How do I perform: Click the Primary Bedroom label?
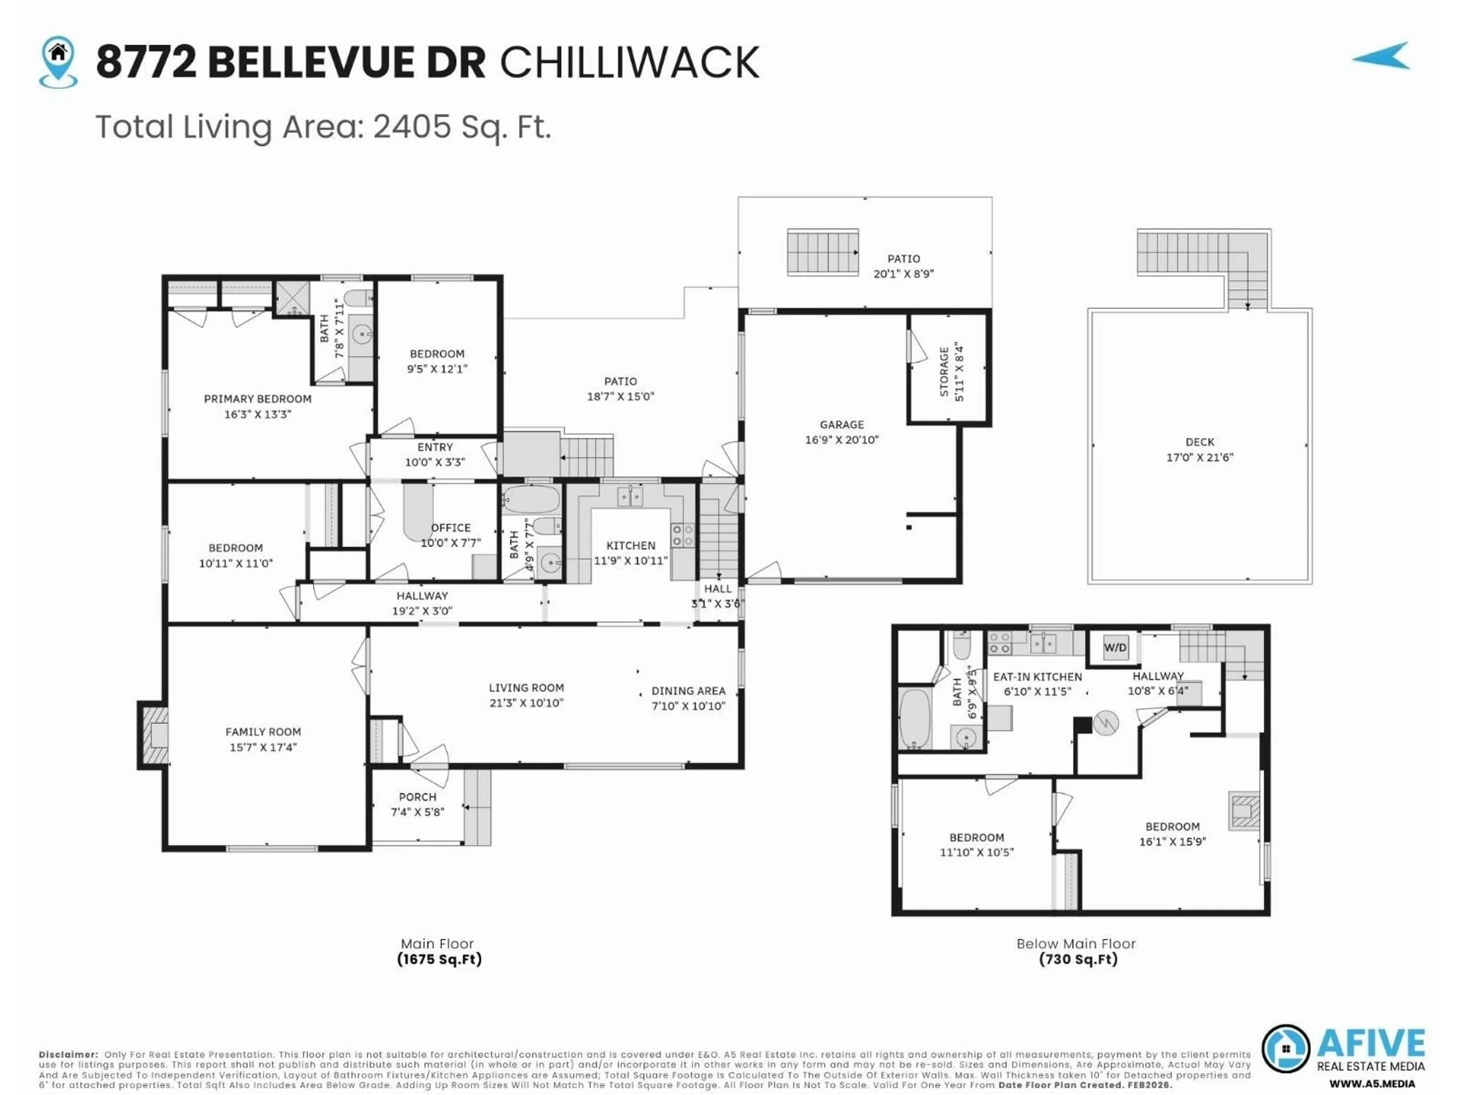(257, 399)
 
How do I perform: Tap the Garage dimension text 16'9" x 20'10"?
(841, 440)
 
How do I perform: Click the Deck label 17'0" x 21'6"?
(1199, 457)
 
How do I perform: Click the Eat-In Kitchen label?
(1037, 676)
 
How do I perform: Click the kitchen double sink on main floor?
(630, 496)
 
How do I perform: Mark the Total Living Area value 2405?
(412, 127)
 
